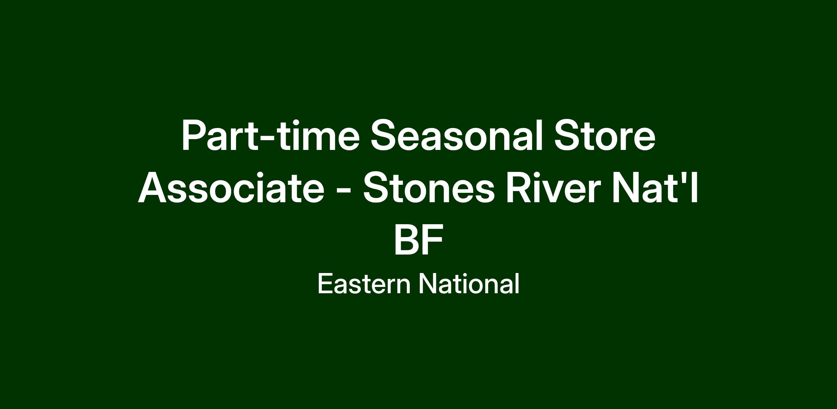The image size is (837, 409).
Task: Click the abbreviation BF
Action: (418, 240)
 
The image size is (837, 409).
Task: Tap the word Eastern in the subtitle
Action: (364, 284)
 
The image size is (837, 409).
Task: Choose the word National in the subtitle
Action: (469, 284)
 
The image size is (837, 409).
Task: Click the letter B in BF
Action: (406, 240)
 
